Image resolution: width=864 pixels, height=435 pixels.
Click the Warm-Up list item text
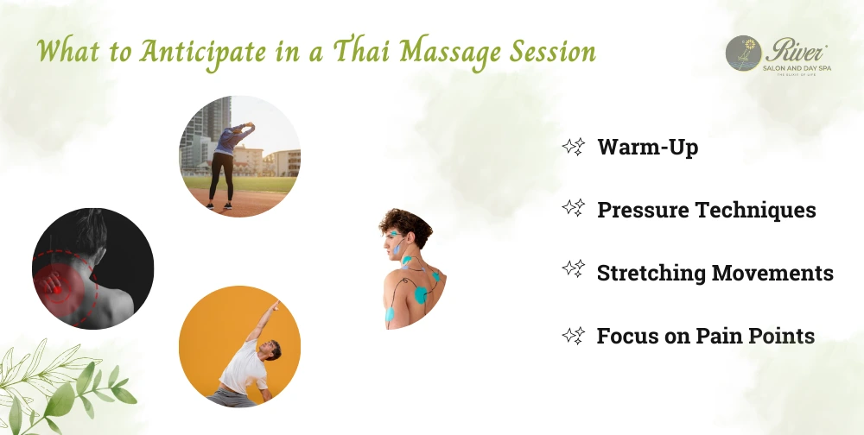647,148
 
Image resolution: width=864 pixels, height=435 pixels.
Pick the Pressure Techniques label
706,210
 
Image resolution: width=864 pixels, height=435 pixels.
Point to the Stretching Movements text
715,273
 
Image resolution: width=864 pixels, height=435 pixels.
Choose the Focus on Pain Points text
705,336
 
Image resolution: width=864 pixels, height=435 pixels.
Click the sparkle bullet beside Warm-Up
573,147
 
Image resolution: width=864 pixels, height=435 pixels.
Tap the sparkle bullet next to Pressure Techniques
573,209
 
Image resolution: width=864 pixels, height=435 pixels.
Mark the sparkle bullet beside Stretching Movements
573,272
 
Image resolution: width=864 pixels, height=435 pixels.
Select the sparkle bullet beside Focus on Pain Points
573,335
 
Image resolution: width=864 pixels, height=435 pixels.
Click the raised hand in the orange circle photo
276,305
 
